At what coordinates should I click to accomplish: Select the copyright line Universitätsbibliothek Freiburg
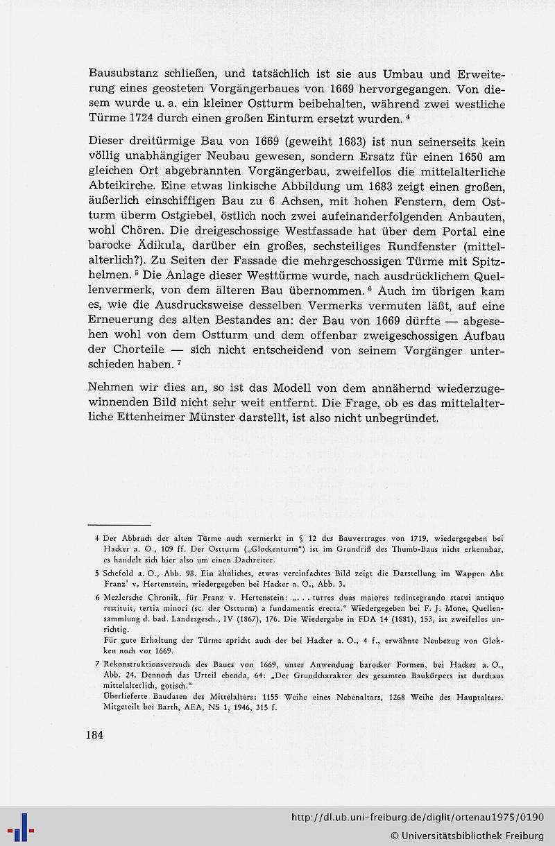tap(466, 834)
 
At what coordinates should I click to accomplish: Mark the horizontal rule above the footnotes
tap(120, 525)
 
